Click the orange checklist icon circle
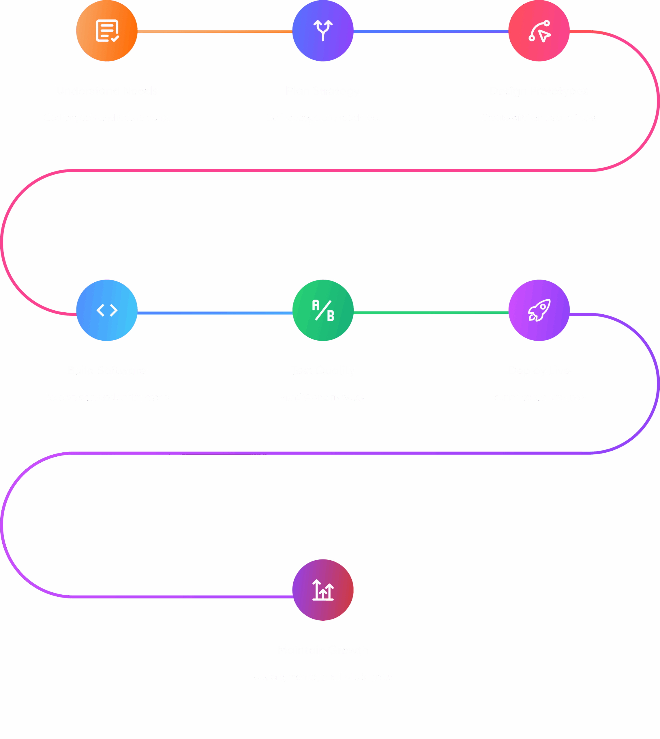[107, 31]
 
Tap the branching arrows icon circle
[323, 31]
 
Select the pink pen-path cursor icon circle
[539, 31]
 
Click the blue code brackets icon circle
[107, 310]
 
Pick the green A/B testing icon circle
[323, 310]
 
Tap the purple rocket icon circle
[539, 310]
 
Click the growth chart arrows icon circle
[323, 590]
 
